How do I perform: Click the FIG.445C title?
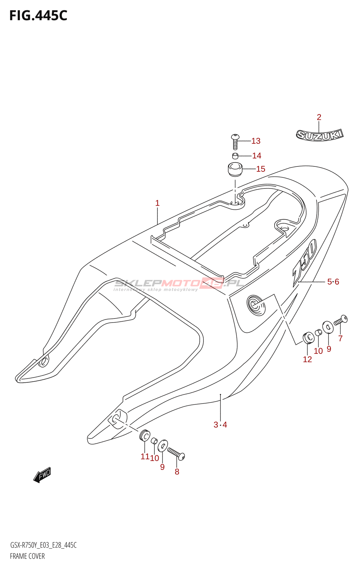(38, 16)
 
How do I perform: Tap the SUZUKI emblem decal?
(319, 135)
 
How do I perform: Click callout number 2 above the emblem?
(319, 117)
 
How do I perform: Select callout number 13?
(256, 141)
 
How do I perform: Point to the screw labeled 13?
(235, 142)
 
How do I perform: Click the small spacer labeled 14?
(235, 156)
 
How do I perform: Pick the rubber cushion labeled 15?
(235, 169)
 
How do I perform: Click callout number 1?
(157, 203)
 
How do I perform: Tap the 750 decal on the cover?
(305, 263)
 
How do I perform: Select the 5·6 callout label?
(333, 282)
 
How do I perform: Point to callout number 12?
(307, 359)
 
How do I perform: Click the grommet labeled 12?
(308, 337)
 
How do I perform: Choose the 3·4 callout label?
(220, 425)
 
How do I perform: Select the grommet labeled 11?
(144, 436)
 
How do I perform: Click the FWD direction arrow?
(42, 474)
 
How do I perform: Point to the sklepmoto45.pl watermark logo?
(178, 284)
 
